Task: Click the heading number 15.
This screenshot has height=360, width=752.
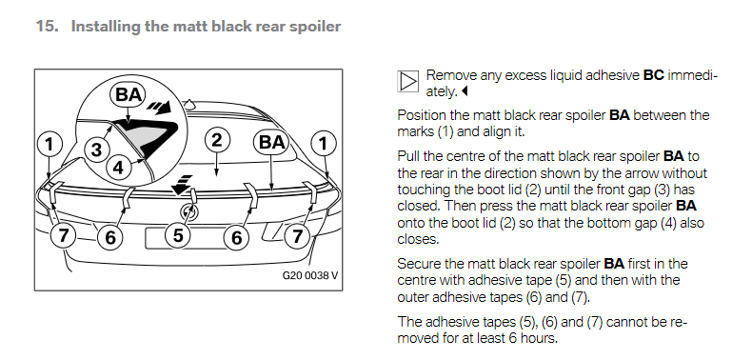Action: (x=47, y=26)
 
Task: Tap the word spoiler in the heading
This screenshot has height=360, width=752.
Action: (x=315, y=27)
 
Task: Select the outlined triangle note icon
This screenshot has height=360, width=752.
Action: (x=407, y=81)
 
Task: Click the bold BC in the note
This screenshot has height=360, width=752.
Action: (x=653, y=75)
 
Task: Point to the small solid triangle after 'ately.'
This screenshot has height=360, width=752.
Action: (x=465, y=90)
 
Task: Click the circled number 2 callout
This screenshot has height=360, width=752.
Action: (x=217, y=141)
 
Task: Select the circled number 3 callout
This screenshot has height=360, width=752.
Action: (x=96, y=150)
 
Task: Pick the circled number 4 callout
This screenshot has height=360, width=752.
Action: (x=118, y=167)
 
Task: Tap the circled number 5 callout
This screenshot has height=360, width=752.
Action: (x=178, y=235)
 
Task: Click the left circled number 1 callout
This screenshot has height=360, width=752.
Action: (x=49, y=144)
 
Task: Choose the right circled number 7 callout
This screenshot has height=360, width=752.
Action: (x=297, y=236)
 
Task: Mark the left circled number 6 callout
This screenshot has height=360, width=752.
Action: (x=109, y=236)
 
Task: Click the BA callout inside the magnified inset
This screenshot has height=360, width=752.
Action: (x=128, y=94)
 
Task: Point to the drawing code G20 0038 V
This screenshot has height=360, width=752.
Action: (x=309, y=276)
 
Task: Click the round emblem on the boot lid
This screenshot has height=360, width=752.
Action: (x=188, y=211)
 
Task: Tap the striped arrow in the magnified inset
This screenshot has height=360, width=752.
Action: (x=160, y=106)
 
